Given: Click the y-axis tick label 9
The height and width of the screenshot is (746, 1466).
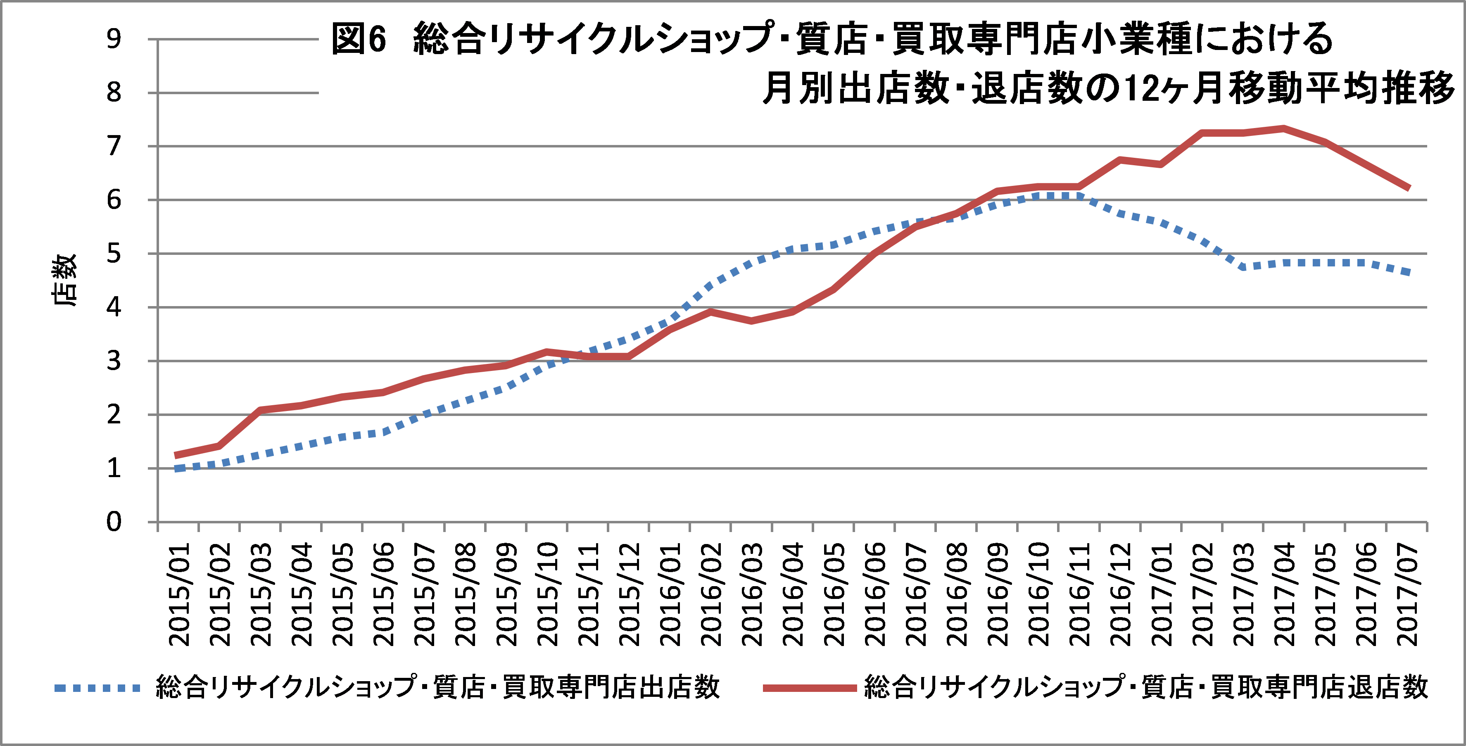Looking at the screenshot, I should click(114, 39).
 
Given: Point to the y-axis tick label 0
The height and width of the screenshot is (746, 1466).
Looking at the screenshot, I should click(114, 522).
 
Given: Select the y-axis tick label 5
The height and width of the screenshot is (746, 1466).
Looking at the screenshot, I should click(114, 254).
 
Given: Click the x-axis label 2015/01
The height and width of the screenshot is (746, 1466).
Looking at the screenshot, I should click(180, 595).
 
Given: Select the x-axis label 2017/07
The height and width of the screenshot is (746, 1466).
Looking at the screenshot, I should click(1407, 595).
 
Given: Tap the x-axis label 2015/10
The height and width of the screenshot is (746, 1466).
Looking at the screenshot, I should click(547, 595).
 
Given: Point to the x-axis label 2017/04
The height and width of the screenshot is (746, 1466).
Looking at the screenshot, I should click(1285, 595).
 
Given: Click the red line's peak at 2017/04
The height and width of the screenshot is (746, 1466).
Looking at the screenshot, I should click(1284, 128).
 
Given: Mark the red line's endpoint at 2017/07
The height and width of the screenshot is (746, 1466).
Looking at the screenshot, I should click(1409, 188).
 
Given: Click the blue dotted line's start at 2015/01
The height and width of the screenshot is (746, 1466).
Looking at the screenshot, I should click(178, 468).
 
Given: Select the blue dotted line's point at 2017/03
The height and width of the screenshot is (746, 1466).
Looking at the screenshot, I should click(1243, 267).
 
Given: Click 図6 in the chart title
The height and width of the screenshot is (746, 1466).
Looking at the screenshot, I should click(359, 39).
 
